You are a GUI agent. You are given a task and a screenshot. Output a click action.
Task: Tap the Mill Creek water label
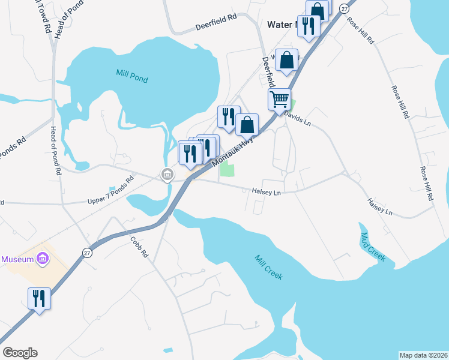tap(268, 268)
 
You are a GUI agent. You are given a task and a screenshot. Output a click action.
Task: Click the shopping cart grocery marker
tap(279, 100)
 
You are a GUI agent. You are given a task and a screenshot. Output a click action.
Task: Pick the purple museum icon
tap(42, 259)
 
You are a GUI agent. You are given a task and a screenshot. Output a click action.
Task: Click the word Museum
tap(17, 260)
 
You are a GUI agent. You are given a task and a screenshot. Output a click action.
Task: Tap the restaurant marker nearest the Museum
tap(39, 298)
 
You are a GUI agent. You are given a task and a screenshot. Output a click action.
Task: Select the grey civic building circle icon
tap(167, 175)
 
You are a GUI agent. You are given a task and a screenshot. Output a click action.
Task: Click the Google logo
tap(20, 353)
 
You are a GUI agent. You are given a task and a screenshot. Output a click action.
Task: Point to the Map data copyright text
tap(423, 355)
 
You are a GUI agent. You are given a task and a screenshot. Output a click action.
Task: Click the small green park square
tap(226, 170)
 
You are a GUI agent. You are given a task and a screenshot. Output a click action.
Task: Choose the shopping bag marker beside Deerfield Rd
tap(287, 60)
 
